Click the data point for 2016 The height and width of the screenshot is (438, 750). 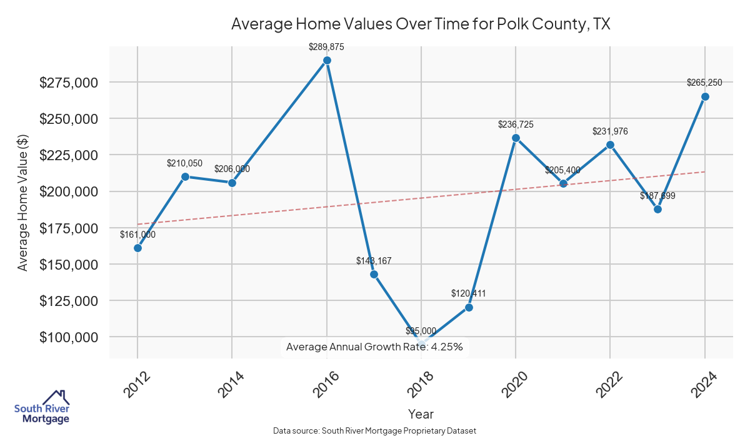(327, 61)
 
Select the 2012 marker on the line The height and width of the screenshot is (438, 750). (137, 248)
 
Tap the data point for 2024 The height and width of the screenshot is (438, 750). (705, 96)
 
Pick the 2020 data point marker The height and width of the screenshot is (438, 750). (516, 138)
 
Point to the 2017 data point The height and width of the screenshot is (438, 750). (374, 274)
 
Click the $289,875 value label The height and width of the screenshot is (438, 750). (327, 47)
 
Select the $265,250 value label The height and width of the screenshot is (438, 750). (704, 83)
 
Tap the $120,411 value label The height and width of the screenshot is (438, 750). (469, 293)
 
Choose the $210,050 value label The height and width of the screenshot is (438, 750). (184, 163)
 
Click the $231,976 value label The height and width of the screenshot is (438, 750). (610, 131)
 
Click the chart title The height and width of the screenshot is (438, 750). (421, 24)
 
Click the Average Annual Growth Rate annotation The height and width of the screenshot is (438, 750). (374, 347)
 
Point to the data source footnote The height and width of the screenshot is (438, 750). (374, 431)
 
